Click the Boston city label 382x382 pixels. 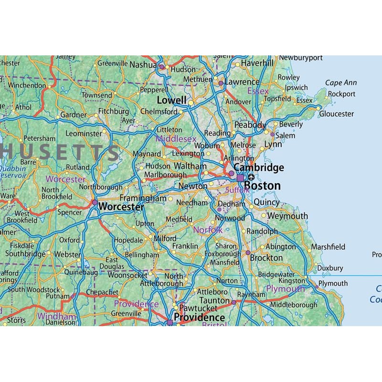coord(262,185)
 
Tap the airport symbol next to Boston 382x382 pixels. coord(251,177)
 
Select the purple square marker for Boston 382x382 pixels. coord(240,178)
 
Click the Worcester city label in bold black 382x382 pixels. coord(121,207)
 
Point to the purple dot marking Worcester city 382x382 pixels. coord(95,203)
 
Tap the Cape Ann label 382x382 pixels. coord(341,83)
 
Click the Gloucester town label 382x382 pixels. coord(337,114)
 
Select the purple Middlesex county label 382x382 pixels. coord(176,138)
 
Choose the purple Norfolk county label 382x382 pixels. coord(208,230)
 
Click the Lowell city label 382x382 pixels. coord(172,100)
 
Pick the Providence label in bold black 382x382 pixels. coord(199,317)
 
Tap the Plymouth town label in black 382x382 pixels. coord(333,283)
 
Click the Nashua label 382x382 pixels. coord(143,64)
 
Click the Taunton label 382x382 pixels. coord(215,300)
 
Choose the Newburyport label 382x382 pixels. coord(301,58)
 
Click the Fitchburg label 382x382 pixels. coord(114,111)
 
